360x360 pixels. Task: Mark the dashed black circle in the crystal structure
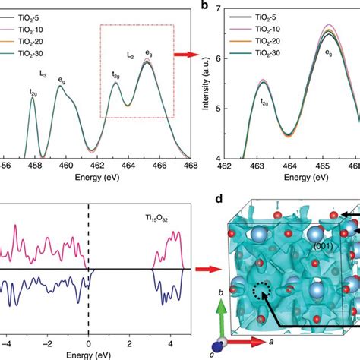(x=262, y=312)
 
